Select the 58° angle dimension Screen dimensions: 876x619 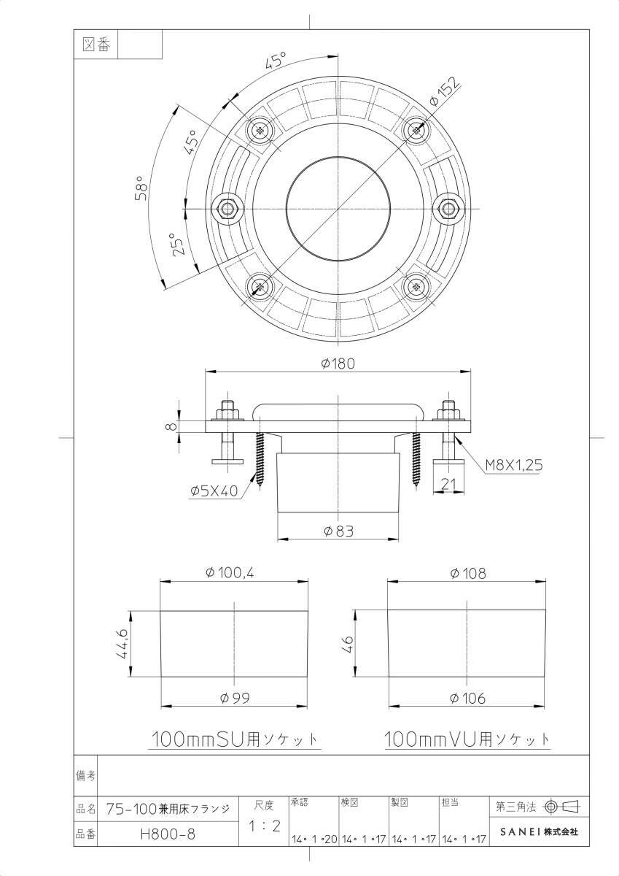[142, 189]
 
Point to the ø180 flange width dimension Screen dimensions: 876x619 [338, 363]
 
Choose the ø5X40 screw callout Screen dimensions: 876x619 [214, 491]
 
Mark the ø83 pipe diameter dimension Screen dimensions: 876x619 [338, 531]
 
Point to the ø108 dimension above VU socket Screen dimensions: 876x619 [467, 574]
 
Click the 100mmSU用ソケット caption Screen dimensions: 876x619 [234, 739]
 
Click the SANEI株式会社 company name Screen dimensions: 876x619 [539, 831]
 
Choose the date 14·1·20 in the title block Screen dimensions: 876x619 [314, 839]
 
